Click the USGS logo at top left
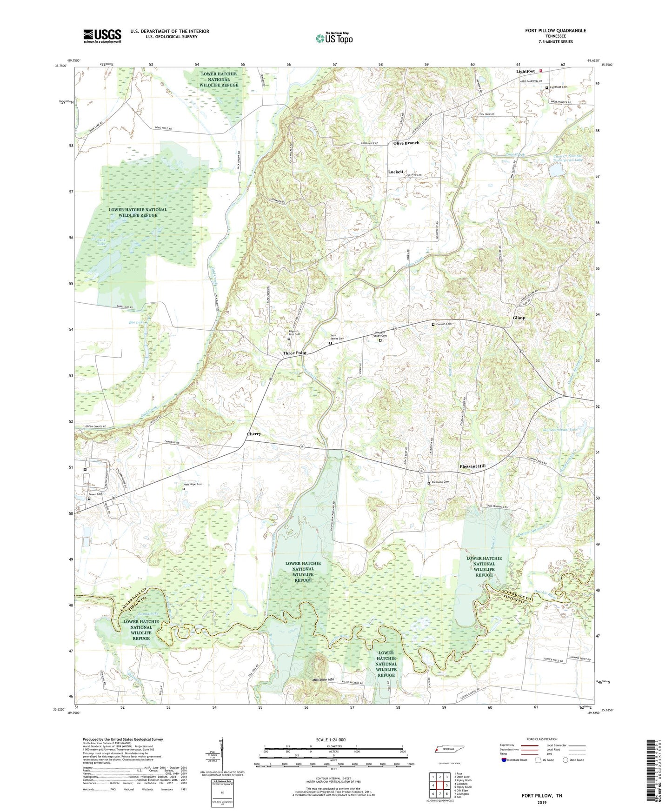pyautogui.click(x=102, y=36)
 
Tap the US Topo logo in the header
pyautogui.click(x=334, y=38)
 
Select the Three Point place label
pyautogui.click(x=295, y=353)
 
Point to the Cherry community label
pyautogui.click(x=254, y=434)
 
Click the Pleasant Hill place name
pyautogui.click(x=472, y=466)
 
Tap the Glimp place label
pyautogui.click(x=519, y=318)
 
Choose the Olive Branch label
pyautogui.click(x=406, y=143)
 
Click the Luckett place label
pyautogui.click(x=396, y=172)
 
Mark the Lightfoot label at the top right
pyautogui.click(x=526, y=71)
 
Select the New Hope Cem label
pyautogui.click(x=193, y=484)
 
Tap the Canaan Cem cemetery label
pyautogui.click(x=444, y=324)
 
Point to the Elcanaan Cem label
pyautogui.click(x=440, y=482)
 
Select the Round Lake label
pyautogui.click(x=148, y=614)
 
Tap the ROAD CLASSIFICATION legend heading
pyautogui.click(x=542, y=739)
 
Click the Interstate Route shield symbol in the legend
pyautogui.click(x=504, y=760)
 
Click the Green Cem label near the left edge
pyautogui.click(x=96, y=494)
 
